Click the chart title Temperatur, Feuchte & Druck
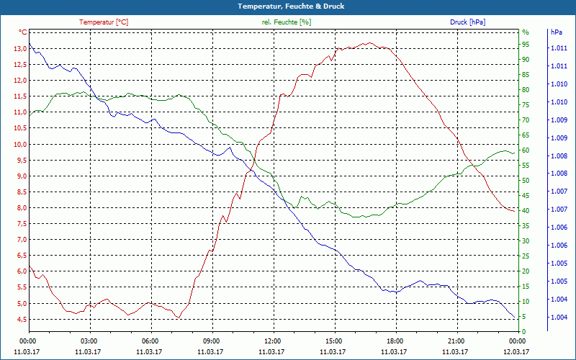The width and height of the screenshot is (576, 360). [x=288, y=6]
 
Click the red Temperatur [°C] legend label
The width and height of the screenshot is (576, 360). [x=104, y=22]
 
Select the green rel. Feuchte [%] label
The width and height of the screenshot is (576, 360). [x=287, y=22]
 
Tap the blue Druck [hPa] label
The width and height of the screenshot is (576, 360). [x=467, y=22]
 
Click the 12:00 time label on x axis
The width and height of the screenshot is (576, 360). [x=272, y=341]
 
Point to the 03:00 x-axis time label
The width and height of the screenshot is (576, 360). [x=89, y=341]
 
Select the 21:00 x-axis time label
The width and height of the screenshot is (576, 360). [x=456, y=341]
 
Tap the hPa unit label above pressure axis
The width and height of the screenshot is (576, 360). [x=557, y=32]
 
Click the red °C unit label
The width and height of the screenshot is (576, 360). [x=23, y=32]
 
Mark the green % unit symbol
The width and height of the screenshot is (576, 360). [x=526, y=32]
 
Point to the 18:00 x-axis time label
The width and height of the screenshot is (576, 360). [x=395, y=341]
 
